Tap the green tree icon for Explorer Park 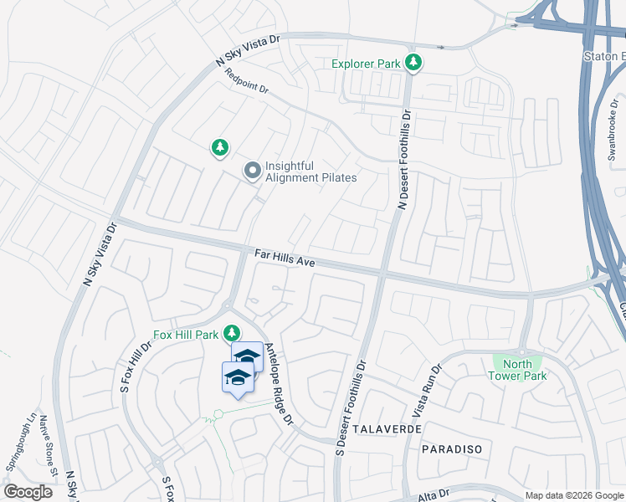point(413,62)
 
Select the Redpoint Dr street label point(247,81)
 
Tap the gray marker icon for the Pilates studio point(251,172)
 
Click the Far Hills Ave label point(285,258)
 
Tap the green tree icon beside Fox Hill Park point(226,335)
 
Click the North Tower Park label point(518,370)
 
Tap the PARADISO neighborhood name point(452,449)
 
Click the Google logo point(28,492)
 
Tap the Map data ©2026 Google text point(572,495)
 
